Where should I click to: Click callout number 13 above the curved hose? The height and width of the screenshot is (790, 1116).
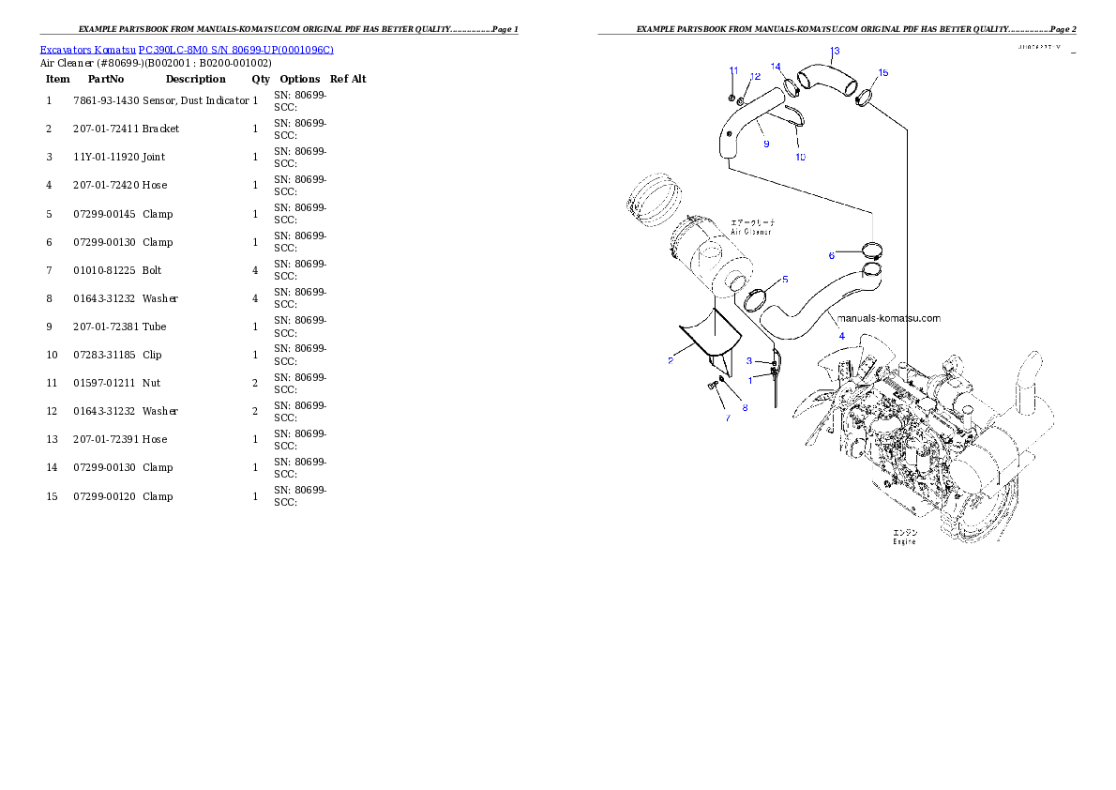click(x=835, y=51)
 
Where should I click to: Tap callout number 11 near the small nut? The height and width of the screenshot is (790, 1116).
click(x=733, y=70)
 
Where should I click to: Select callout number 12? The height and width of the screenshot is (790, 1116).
click(x=755, y=77)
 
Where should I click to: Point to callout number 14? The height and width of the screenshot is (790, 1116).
click(x=776, y=67)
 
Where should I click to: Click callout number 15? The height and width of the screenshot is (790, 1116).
click(x=882, y=72)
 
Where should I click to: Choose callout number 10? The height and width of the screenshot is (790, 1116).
click(x=800, y=157)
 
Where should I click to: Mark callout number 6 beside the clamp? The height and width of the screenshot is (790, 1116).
click(x=831, y=255)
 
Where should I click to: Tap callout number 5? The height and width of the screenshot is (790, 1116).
click(x=785, y=280)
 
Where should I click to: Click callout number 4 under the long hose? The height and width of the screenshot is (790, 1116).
click(x=841, y=335)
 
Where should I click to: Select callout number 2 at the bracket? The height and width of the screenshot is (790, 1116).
click(x=671, y=360)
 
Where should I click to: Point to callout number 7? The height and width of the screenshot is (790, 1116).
click(x=727, y=418)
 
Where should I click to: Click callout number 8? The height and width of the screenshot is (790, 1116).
click(x=745, y=407)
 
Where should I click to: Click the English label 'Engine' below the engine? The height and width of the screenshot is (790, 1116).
click(x=904, y=541)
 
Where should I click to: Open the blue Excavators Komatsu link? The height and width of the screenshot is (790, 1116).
click(x=187, y=49)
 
